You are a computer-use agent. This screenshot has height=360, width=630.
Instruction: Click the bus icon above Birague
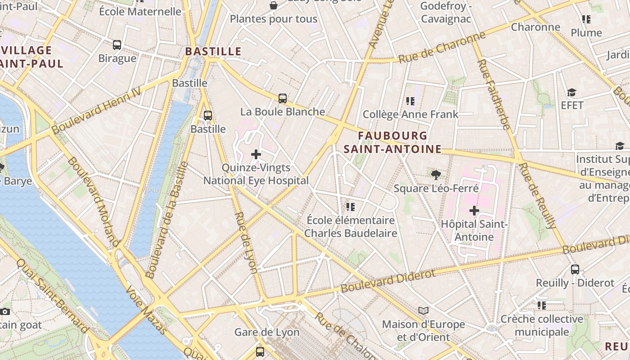[x=117, y=45]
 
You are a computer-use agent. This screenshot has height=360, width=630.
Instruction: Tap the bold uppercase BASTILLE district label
[x=213, y=51]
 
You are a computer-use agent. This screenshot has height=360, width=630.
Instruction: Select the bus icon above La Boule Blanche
[x=283, y=99]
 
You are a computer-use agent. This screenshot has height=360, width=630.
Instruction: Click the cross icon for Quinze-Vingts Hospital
[x=256, y=155]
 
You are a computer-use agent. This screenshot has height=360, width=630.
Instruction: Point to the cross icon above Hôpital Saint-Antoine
[x=474, y=211]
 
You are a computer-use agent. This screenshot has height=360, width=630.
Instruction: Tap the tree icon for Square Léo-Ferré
[x=436, y=175]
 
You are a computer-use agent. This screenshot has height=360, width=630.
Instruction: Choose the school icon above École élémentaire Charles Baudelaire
[x=351, y=207]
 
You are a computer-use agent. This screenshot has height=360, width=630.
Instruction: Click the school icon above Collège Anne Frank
[x=410, y=101]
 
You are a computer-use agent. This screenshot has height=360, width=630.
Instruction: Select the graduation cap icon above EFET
[x=571, y=92]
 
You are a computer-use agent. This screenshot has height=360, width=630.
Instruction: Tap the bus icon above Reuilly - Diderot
[x=575, y=270]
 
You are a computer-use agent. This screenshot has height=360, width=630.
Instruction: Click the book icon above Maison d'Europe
[x=423, y=310]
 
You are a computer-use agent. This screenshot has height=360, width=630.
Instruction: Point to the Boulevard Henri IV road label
[x=96, y=110]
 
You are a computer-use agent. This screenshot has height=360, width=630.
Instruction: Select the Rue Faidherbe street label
[x=495, y=94]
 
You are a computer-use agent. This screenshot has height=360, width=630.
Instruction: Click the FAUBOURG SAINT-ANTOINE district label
[x=392, y=142]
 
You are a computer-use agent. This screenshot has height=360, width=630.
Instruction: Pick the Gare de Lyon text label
[x=267, y=333]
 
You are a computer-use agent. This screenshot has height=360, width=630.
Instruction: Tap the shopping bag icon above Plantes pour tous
[x=273, y=5]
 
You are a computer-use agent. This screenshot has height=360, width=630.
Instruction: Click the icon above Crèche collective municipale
[x=542, y=306]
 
